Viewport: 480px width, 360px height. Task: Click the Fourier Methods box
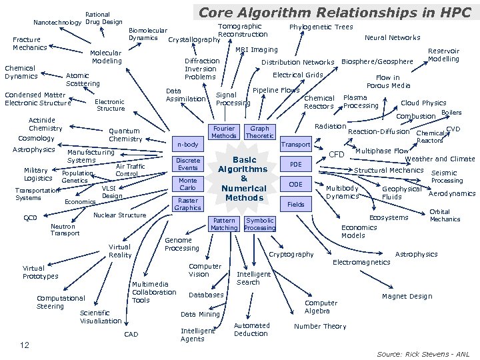pos(223,131)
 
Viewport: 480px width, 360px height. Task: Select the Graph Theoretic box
pos(259,131)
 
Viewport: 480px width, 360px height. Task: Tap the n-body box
pos(187,144)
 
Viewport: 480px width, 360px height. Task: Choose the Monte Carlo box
pos(187,184)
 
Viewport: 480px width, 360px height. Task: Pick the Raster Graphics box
pos(187,203)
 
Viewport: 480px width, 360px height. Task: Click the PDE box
pos(295,165)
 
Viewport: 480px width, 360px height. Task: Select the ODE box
pos(295,185)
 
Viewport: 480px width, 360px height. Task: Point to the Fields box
pos(295,204)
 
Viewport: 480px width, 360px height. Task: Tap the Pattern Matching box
pos(223,224)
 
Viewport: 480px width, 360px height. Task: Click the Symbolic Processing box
pos(259,224)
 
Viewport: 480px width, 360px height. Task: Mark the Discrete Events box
pos(187,164)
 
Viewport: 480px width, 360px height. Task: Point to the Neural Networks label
pos(392,38)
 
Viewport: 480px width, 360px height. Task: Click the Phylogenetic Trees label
pos(321,27)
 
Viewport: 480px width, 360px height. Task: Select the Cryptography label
pos(290,255)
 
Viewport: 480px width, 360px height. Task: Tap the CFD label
pos(337,155)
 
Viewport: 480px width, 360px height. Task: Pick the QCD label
pos(30,217)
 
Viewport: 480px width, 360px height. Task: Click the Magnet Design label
pos(407,296)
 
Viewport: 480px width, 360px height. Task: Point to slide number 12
pos(24,345)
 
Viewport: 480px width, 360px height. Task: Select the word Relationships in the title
pos(346,12)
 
